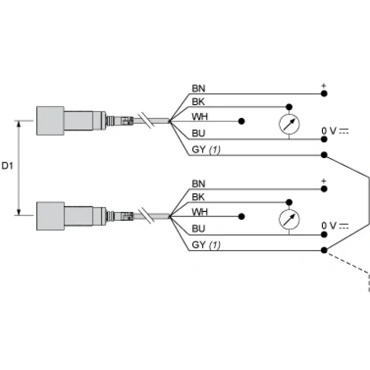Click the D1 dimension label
click(7, 166)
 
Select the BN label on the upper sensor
click(198, 88)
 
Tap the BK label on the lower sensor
click(198, 197)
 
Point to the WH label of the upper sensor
click(200, 117)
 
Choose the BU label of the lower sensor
click(198, 229)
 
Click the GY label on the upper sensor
click(199, 150)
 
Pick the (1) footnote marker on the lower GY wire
click(215, 245)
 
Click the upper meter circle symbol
click(289, 124)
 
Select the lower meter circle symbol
click(289, 219)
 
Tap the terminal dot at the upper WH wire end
click(242, 121)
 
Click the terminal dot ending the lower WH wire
click(242, 217)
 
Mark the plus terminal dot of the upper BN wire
click(324, 94)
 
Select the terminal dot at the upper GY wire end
click(324, 155)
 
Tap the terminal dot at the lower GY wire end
click(324, 250)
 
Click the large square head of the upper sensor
click(50, 121)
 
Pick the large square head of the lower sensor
click(50, 216)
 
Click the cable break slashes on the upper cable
click(146, 121)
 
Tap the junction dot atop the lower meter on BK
click(289, 202)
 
